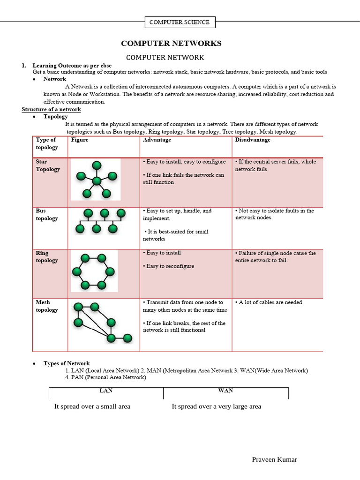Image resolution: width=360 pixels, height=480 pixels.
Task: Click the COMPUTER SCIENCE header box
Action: pos(180,22)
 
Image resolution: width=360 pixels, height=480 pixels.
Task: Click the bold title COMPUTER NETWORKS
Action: pos(171,44)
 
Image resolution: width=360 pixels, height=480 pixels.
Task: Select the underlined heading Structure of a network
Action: pos(51,109)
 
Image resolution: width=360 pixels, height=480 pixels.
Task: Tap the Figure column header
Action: pos(80,140)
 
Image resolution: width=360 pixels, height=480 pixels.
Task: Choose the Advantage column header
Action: pos(157,140)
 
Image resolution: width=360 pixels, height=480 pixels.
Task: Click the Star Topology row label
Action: pos(48,165)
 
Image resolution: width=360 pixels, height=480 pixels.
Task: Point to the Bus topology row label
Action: pos(47,215)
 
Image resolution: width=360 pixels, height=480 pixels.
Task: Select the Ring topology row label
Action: pos(47,257)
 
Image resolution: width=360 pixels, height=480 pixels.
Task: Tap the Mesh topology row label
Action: pos(47,306)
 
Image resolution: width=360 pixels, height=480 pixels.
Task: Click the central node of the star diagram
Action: pos(97,181)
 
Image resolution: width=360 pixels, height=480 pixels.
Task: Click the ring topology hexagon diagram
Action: pos(94,271)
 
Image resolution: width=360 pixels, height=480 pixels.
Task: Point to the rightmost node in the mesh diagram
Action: pos(127,337)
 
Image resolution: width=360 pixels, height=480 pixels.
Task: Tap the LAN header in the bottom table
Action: pos(106,390)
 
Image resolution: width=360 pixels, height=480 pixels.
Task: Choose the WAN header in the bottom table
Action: pos(225,390)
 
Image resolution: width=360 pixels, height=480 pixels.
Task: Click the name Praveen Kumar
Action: pos(274,459)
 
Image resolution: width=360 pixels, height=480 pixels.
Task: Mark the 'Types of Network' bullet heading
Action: pos(67,363)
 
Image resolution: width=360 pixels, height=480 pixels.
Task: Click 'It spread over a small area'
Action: pos(92,406)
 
